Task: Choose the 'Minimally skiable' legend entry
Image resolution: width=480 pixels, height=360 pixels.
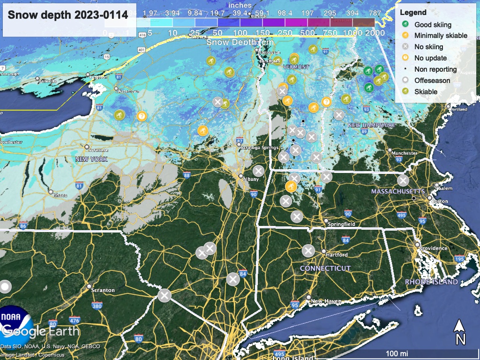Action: tap(441, 36)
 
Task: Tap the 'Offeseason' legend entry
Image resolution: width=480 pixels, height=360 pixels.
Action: tap(432, 81)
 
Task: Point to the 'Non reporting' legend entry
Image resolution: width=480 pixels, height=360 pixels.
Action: tap(435, 69)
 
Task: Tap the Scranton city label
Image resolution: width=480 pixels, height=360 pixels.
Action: tap(104, 290)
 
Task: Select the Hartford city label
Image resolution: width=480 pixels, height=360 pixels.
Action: tap(337, 255)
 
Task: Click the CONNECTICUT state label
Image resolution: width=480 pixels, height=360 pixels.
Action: tap(325, 268)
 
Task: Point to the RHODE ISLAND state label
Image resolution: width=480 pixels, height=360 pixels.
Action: tap(431, 282)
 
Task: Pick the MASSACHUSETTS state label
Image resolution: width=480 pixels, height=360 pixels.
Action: tap(398, 191)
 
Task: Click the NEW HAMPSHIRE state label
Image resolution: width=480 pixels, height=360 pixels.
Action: tap(371, 125)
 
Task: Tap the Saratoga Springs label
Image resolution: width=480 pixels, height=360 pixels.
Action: tap(259, 148)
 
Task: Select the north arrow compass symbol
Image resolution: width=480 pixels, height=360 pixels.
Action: tap(460, 332)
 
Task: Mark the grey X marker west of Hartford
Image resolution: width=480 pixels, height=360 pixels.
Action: tap(308, 251)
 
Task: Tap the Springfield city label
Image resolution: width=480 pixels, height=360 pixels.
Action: tap(342, 224)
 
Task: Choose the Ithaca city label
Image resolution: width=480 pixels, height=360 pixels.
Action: tap(59, 195)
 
